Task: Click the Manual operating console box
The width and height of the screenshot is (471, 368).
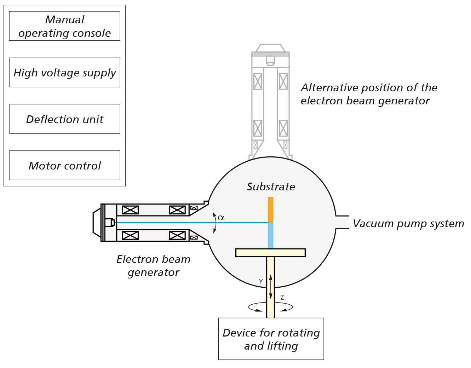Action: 65,26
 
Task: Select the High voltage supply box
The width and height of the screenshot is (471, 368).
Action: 65,73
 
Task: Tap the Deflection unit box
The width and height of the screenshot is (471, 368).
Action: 65,119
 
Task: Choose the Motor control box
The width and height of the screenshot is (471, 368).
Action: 65,165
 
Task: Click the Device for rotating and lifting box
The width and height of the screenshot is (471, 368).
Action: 271,339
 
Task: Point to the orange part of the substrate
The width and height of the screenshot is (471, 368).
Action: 270,210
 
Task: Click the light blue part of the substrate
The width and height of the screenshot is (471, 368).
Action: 270,236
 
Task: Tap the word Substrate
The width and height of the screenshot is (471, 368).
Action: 271,186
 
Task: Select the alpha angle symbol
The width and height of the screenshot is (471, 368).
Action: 221,217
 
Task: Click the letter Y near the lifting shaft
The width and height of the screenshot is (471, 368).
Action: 261,282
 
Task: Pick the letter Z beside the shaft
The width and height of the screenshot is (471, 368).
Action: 282,297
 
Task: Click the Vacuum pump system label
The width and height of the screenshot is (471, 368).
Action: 408,223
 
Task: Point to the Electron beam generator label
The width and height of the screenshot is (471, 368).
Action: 154,266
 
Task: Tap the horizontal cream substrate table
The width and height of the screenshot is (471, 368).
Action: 270,253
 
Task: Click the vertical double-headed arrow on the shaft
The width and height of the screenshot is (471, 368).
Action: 270,287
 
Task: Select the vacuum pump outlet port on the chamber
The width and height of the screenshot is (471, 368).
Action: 343,222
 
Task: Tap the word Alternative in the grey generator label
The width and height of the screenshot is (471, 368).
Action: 329,87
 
